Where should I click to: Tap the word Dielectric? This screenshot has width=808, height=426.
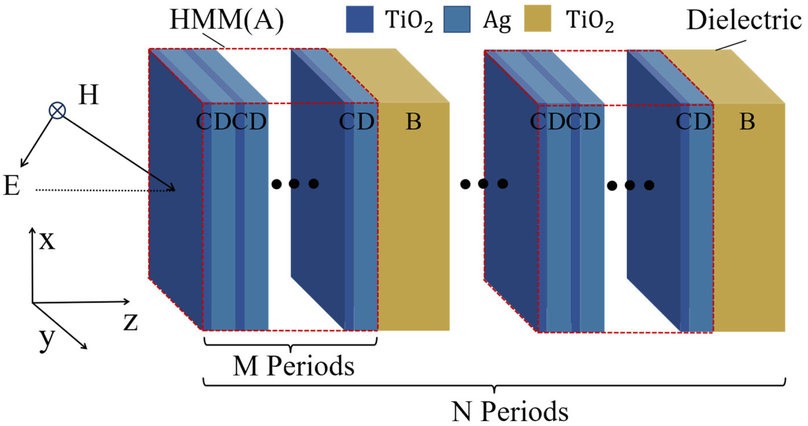[744, 20]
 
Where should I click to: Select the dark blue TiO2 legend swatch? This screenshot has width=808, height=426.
[359, 19]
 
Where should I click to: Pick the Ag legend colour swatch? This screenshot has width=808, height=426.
[456, 19]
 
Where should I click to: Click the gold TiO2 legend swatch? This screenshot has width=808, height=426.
[537, 19]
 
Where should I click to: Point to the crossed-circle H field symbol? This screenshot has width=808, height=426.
[57, 110]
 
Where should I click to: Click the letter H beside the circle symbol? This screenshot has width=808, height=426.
[88, 95]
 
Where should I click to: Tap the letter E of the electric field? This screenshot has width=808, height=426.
[12, 186]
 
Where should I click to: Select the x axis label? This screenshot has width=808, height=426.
[47, 241]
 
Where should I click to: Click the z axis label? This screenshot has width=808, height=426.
[131, 322]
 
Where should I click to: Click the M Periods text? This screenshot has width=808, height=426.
[293, 366]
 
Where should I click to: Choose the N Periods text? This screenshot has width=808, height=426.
[510, 411]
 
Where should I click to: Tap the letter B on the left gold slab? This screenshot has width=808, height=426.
[413, 121]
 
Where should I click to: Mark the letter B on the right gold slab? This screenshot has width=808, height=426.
[747, 121]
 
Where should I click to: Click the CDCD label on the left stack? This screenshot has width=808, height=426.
[231, 121]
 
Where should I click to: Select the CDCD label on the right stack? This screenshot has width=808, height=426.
[565, 121]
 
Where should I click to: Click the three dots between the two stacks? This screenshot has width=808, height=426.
[484, 184]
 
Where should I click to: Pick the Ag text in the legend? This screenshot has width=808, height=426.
[497, 20]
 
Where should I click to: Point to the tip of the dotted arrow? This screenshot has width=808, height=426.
[174, 189]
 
